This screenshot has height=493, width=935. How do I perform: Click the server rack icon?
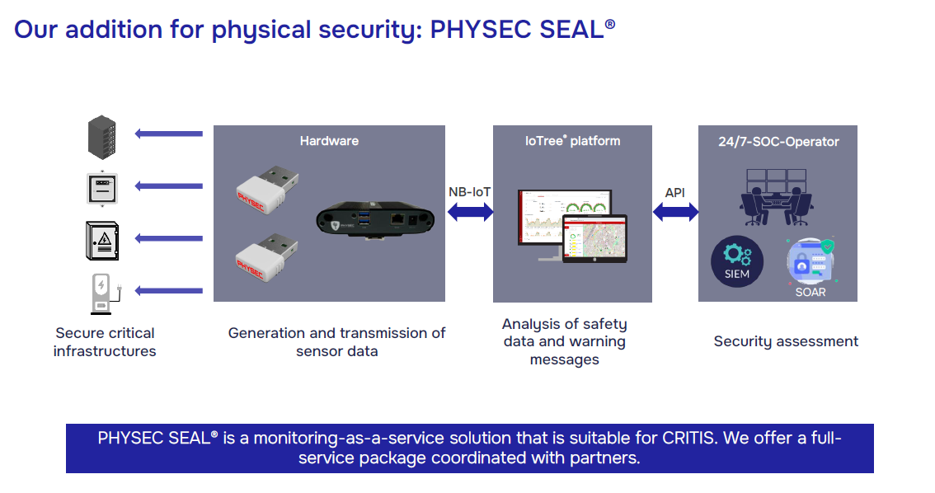pos(102,137)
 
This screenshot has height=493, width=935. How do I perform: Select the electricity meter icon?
pos(102,188)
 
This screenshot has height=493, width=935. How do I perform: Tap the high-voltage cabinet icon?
pos(102,240)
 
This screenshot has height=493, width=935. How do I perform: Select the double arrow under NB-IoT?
pos(470,213)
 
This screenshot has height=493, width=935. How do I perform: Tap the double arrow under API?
pos(675,213)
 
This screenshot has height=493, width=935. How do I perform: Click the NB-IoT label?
pos(470,192)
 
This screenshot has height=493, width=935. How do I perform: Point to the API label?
pos(675,193)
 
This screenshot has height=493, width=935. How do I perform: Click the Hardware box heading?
pos(329,141)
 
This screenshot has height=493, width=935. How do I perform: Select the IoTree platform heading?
pos(572,141)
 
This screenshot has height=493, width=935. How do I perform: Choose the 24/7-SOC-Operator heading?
pos(778,142)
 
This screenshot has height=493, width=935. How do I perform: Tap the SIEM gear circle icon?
pos(737,261)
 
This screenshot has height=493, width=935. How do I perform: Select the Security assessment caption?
pos(786,341)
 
